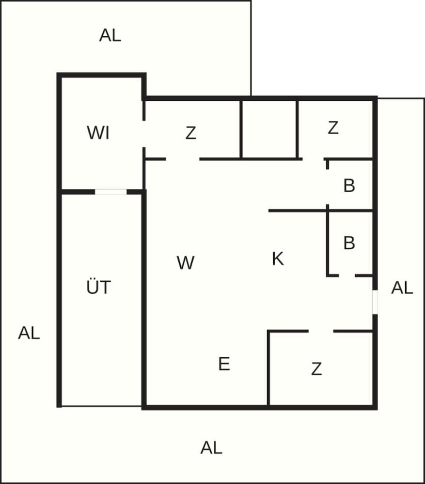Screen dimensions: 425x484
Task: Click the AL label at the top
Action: pos(110,35)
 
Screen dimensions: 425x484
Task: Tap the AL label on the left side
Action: pos(29,333)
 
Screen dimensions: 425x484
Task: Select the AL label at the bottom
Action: pos(211,448)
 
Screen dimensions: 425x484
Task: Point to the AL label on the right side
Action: pos(402,288)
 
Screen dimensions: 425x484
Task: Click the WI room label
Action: pos(98,133)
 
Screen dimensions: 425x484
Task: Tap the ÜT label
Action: pos(98,286)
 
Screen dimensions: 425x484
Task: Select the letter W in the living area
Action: pos(186,263)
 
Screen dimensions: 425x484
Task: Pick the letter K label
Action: pos(278,258)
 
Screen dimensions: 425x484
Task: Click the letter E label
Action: pos(224,363)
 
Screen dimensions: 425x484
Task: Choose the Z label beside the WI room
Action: pos(191,133)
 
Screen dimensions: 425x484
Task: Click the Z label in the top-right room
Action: pos(333,128)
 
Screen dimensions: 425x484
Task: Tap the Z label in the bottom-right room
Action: pos(316,369)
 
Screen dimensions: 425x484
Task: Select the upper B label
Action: pos(349,185)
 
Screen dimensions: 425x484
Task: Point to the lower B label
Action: pos(349,242)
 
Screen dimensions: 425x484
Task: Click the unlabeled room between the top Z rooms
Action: pos(269,129)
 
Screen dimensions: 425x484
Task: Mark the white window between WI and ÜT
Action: pos(110,192)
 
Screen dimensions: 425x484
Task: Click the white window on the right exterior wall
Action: pos(375,302)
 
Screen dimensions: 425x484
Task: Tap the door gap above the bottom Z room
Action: pos(321,331)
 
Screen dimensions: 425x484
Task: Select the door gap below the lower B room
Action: pos(347,275)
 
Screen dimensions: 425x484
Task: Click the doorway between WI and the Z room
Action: pos(144,134)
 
